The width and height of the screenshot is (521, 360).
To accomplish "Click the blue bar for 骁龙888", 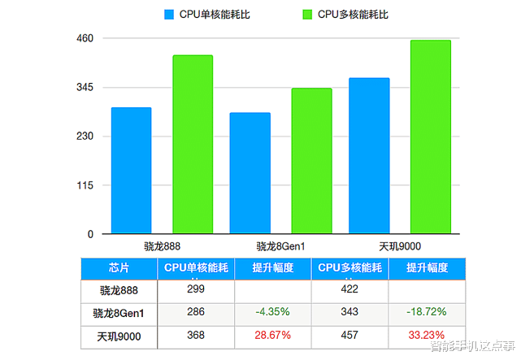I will (x=131, y=171).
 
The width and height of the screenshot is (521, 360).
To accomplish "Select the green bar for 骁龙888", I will (x=193, y=145).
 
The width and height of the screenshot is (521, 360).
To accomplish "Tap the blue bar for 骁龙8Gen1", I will (x=250, y=173).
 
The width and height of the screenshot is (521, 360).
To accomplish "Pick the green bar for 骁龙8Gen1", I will (x=311, y=161).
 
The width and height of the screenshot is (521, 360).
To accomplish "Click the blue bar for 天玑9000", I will (x=369, y=156).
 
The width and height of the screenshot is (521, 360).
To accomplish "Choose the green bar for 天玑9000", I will (x=431, y=137).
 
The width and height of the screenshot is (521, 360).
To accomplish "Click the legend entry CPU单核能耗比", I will (x=206, y=14).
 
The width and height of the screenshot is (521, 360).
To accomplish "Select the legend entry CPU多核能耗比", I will (x=345, y=14).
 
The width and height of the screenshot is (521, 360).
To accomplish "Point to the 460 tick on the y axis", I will (x=85, y=39).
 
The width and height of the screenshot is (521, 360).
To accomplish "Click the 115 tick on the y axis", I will (x=85, y=185).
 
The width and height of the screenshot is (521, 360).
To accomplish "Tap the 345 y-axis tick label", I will (x=85, y=88).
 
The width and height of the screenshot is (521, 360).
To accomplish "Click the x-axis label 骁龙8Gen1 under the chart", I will (x=280, y=246).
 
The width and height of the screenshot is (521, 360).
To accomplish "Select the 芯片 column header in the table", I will (x=119, y=268).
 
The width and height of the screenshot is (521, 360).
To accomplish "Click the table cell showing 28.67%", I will (x=272, y=336).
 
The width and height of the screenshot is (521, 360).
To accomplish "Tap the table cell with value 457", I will (x=350, y=336).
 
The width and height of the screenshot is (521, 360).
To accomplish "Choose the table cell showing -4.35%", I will (x=272, y=312).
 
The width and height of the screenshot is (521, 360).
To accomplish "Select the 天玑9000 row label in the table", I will (x=119, y=336).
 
